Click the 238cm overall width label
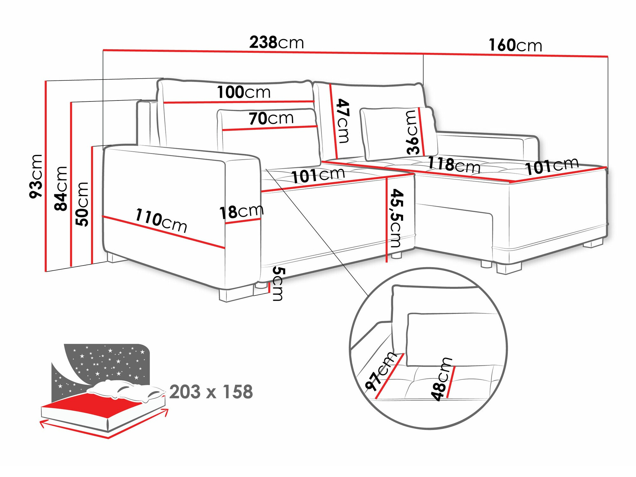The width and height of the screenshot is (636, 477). (x=276, y=42)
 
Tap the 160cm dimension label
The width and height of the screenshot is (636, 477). (x=515, y=45)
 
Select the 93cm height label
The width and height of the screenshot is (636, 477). (x=36, y=176)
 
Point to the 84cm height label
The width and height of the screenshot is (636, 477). (x=61, y=188)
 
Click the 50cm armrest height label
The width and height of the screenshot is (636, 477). (x=82, y=204)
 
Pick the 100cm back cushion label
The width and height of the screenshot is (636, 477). (x=244, y=92)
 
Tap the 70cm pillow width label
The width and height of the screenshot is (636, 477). (x=271, y=118)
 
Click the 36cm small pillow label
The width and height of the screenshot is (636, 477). (x=412, y=133)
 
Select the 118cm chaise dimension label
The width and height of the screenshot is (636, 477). (x=453, y=165)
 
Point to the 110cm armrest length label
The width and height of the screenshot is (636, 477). (x=161, y=220)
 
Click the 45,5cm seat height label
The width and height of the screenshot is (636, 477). (x=397, y=218)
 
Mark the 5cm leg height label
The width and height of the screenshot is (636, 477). (x=279, y=284)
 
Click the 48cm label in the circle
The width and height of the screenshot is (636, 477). (x=441, y=379)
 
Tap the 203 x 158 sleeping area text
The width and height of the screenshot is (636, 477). (x=211, y=391)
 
